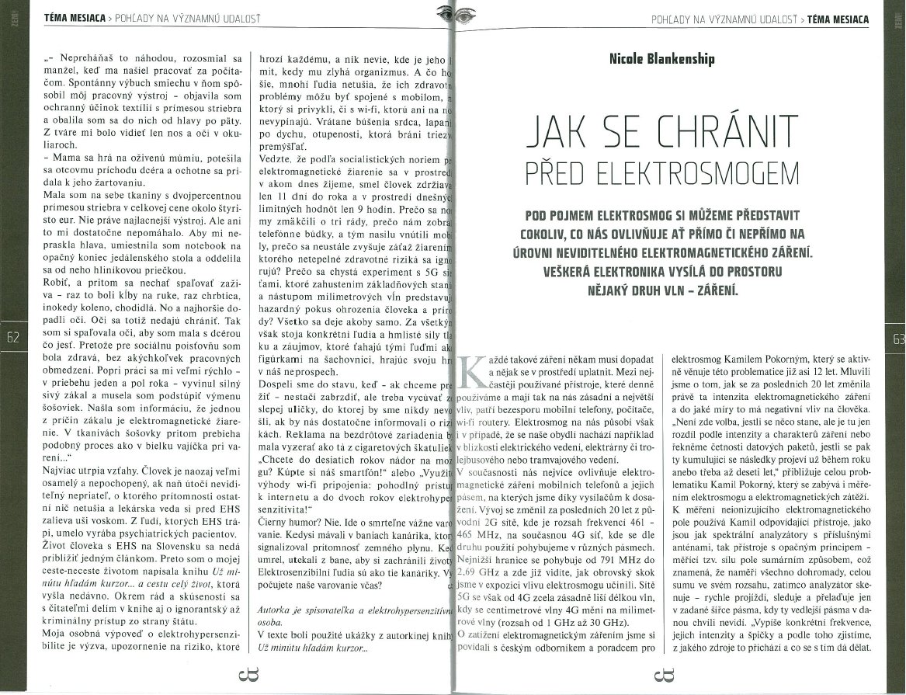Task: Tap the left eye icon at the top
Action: [441, 12]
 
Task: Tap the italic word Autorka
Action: [276, 610]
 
